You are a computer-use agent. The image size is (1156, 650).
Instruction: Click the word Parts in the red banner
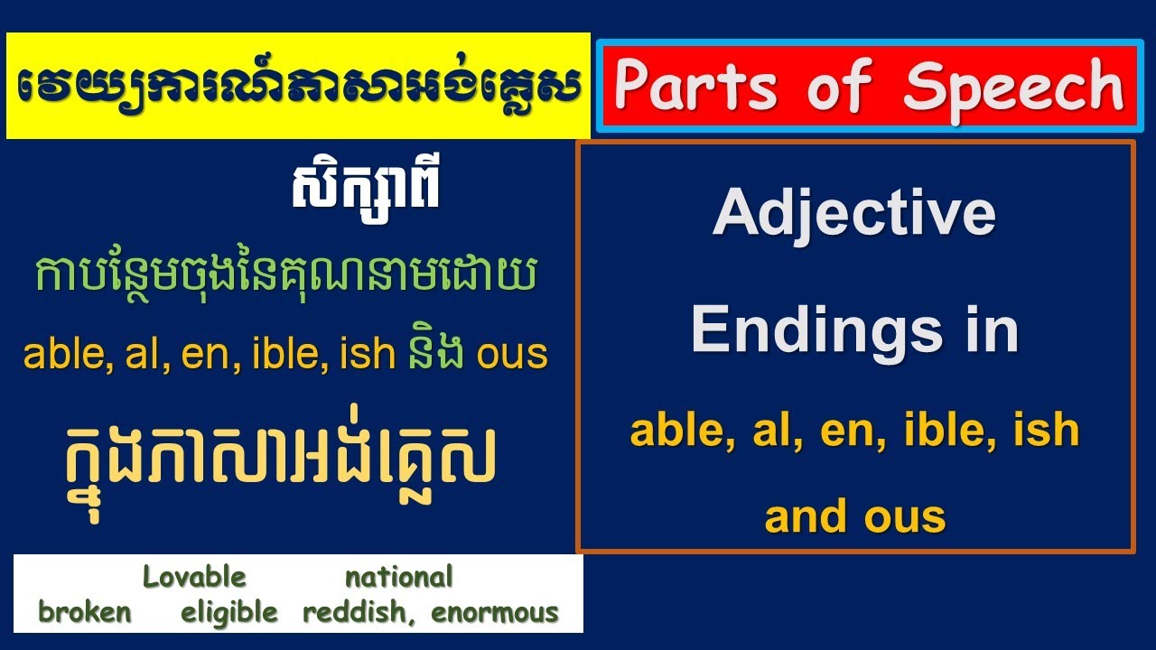click(x=695, y=88)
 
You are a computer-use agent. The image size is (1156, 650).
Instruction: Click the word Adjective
click(x=854, y=214)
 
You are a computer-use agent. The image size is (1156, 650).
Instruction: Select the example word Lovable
click(x=194, y=577)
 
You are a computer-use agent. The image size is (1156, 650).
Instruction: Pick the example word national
click(x=398, y=577)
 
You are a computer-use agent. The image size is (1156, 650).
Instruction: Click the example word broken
click(x=84, y=613)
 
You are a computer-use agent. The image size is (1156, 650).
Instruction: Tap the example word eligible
click(x=229, y=613)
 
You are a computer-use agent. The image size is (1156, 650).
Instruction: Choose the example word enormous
click(x=495, y=613)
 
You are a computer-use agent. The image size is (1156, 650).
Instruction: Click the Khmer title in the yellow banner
click(x=298, y=88)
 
